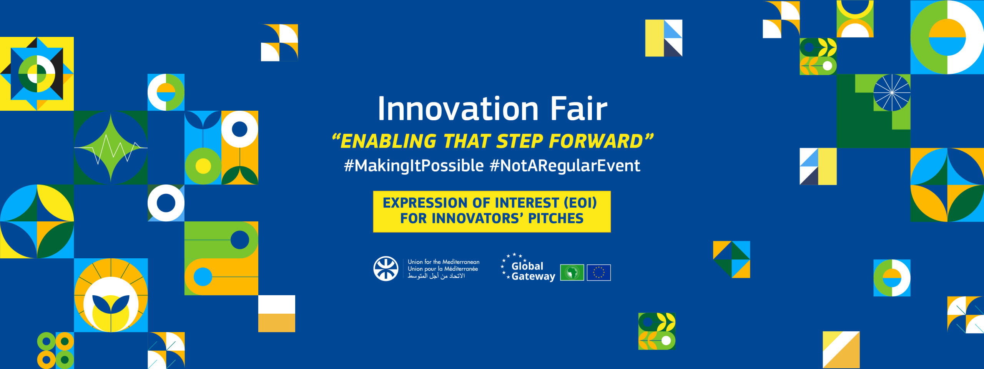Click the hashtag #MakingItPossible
[x=414, y=166]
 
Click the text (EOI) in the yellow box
[x=580, y=203]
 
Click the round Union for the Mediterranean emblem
[x=386, y=269]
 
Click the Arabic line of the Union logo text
[x=436, y=276]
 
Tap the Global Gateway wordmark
[x=532, y=271]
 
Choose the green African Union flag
[x=572, y=273]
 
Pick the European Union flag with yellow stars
[x=598, y=273]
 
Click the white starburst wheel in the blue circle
[x=892, y=93]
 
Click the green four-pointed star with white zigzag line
[x=111, y=148]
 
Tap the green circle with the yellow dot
[x=203, y=166]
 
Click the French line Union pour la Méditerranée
[x=443, y=269]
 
